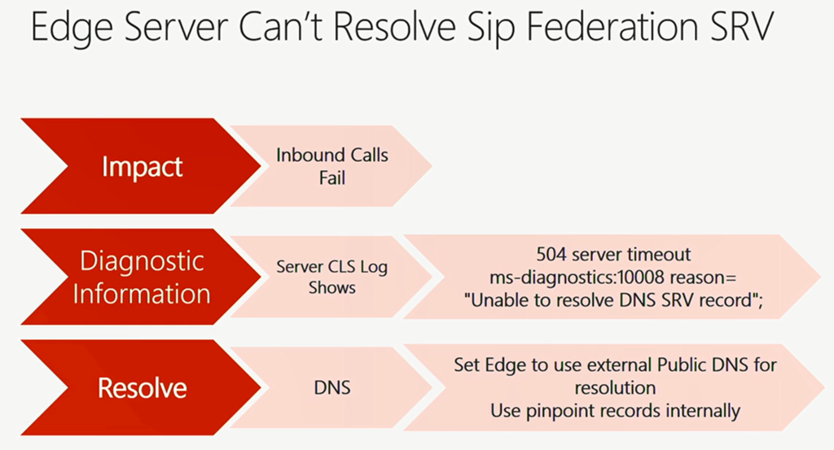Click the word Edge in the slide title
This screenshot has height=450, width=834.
(x=72, y=28)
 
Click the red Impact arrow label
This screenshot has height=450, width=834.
(x=142, y=168)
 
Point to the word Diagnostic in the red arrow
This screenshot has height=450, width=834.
(x=142, y=262)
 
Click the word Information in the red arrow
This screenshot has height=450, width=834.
(x=142, y=294)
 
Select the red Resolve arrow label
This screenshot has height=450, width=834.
(x=142, y=388)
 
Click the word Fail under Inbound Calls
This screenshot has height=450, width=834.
(x=332, y=177)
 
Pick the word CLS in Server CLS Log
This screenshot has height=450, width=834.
(x=340, y=267)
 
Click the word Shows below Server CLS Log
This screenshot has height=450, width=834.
(x=332, y=288)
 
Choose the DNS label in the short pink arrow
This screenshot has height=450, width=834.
(x=332, y=388)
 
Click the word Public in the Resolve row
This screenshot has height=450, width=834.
(x=682, y=365)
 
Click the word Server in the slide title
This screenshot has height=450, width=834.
(x=176, y=27)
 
